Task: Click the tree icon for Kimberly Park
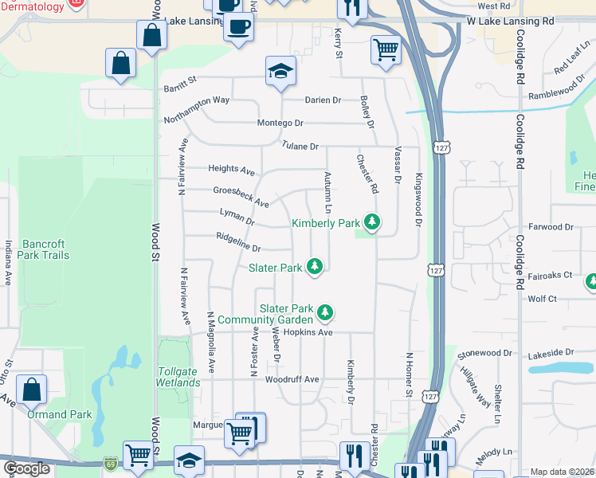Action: click(371, 221)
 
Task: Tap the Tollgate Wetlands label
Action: click(178, 377)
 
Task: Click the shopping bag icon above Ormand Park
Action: click(32, 389)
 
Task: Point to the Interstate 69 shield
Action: click(110, 462)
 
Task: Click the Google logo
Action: click(27, 468)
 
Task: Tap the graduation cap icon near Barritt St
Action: click(281, 71)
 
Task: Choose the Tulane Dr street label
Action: click(300, 147)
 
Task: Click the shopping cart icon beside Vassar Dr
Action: click(386, 50)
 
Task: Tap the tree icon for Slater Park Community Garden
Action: click(323, 311)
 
